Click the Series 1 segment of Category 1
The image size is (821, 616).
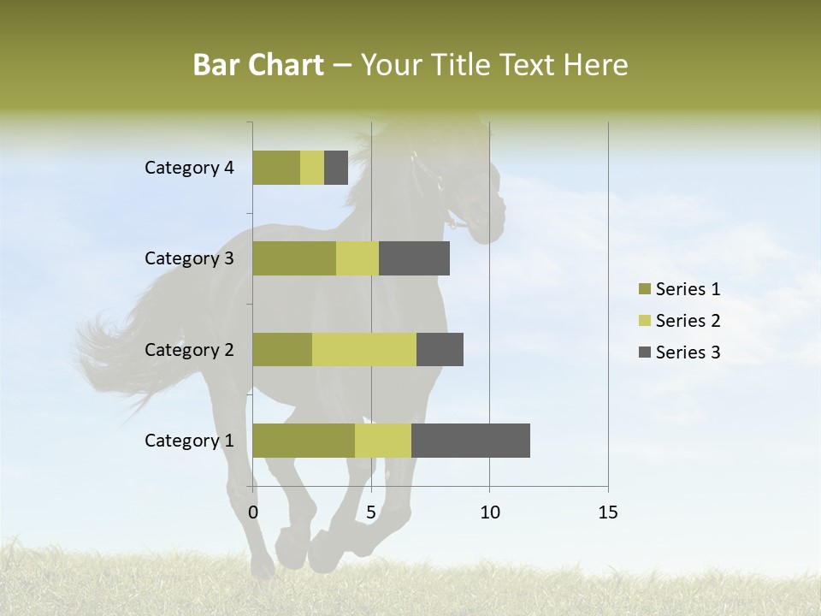[x=304, y=440]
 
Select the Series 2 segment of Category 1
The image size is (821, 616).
[x=383, y=440]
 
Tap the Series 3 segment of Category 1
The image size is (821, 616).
[x=470, y=440]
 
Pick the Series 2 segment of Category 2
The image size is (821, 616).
[x=364, y=349]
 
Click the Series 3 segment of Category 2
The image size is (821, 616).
[x=440, y=349]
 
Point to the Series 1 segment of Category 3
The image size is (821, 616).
[x=294, y=258]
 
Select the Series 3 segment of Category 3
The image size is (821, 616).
[x=414, y=258]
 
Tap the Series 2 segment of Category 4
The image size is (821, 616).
[x=312, y=168]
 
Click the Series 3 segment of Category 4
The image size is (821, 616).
[x=336, y=168]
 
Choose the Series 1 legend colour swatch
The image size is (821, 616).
[x=644, y=289]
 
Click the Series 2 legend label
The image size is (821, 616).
[x=688, y=321]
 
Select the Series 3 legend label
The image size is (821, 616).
[x=688, y=352]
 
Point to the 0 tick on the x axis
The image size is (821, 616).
[x=253, y=512]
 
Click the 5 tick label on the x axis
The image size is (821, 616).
[x=371, y=512]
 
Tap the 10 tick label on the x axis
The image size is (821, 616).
[x=489, y=512]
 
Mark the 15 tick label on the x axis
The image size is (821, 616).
[x=607, y=512]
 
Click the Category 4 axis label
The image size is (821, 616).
[x=189, y=168]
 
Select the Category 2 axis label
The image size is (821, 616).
[x=189, y=349]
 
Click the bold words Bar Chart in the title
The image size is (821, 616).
[x=258, y=64]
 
